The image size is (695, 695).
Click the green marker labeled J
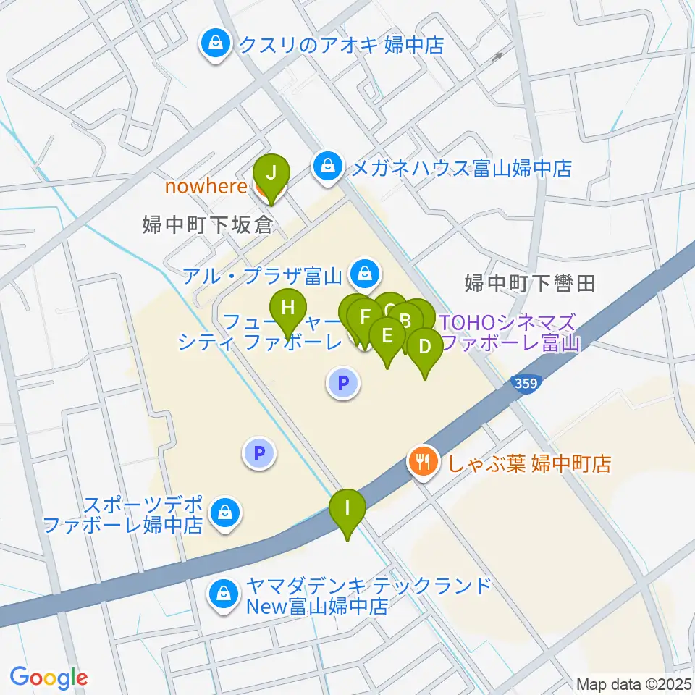(x=271, y=174)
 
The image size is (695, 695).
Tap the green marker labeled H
(x=288, y=308)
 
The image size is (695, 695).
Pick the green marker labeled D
(x=424, y=347)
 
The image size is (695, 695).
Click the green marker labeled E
(x=387, y=337)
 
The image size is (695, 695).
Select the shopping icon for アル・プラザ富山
(x=362, y=274)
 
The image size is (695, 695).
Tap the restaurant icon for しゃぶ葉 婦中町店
(x=423, y=461)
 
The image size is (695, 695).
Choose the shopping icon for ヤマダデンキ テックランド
(x=221, y=595)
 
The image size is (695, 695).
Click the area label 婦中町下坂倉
(x=207, y=225)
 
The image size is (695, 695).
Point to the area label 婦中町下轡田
(x=530, y=283)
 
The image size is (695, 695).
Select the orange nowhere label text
(x=206, y=187)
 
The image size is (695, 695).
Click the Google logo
(x=49, y=678)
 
